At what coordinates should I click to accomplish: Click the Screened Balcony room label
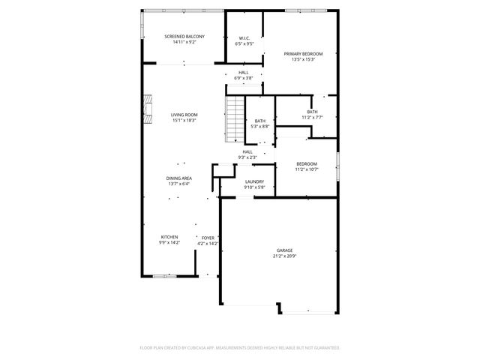184,36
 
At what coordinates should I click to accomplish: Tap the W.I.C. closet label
244,38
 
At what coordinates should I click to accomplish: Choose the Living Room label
184,115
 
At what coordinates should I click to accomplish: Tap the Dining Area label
178,178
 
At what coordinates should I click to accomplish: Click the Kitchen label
169,237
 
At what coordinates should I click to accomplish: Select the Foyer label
207,238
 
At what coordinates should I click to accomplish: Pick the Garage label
284,250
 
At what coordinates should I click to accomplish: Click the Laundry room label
253,181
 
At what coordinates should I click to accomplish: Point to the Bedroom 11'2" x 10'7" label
306,163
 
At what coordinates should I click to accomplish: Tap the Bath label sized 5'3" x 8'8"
259,121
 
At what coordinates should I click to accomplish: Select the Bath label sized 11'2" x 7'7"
312,112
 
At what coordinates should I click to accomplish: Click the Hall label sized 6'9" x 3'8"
244,73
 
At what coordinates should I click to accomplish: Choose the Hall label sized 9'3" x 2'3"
247,151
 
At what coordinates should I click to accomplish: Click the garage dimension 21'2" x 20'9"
284,256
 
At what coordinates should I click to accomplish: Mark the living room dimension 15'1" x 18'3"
184,121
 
